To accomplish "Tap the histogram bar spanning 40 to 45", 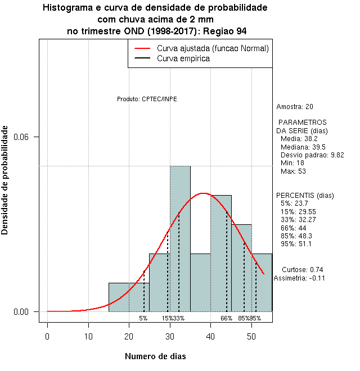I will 221,253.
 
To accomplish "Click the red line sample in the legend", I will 143,48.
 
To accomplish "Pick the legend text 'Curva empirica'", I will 183,58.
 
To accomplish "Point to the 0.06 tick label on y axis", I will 29,137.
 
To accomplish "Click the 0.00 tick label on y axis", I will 29,311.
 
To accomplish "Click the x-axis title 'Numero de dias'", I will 155,356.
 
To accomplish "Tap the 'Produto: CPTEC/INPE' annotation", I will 147,99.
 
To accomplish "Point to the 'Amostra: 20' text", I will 295,106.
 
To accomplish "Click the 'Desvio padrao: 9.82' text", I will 312,155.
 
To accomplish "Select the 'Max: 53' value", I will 292,171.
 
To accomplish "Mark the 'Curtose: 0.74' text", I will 302,269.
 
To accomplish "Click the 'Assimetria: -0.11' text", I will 299,278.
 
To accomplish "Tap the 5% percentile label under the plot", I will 143,318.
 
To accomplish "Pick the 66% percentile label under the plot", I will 226,318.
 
